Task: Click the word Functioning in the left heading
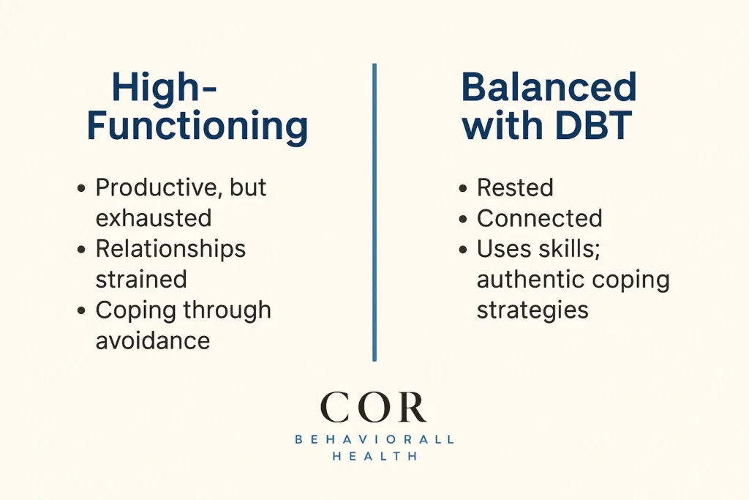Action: [197, 126]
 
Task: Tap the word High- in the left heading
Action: [165, 88]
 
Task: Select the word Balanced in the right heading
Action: [549, 88]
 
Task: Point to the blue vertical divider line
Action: [374, 212]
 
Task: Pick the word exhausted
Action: [154, 218]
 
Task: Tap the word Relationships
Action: [170, 249]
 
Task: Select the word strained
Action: [141, 279]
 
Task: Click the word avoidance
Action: [153, 340]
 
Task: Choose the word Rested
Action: [515, 187]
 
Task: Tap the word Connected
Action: [540, 218]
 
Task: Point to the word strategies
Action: [532, 310]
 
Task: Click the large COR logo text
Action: [374, 407]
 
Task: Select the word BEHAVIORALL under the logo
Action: [374, 439]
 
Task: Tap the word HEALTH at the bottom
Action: [374, 456]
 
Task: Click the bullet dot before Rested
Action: [463, 189]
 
